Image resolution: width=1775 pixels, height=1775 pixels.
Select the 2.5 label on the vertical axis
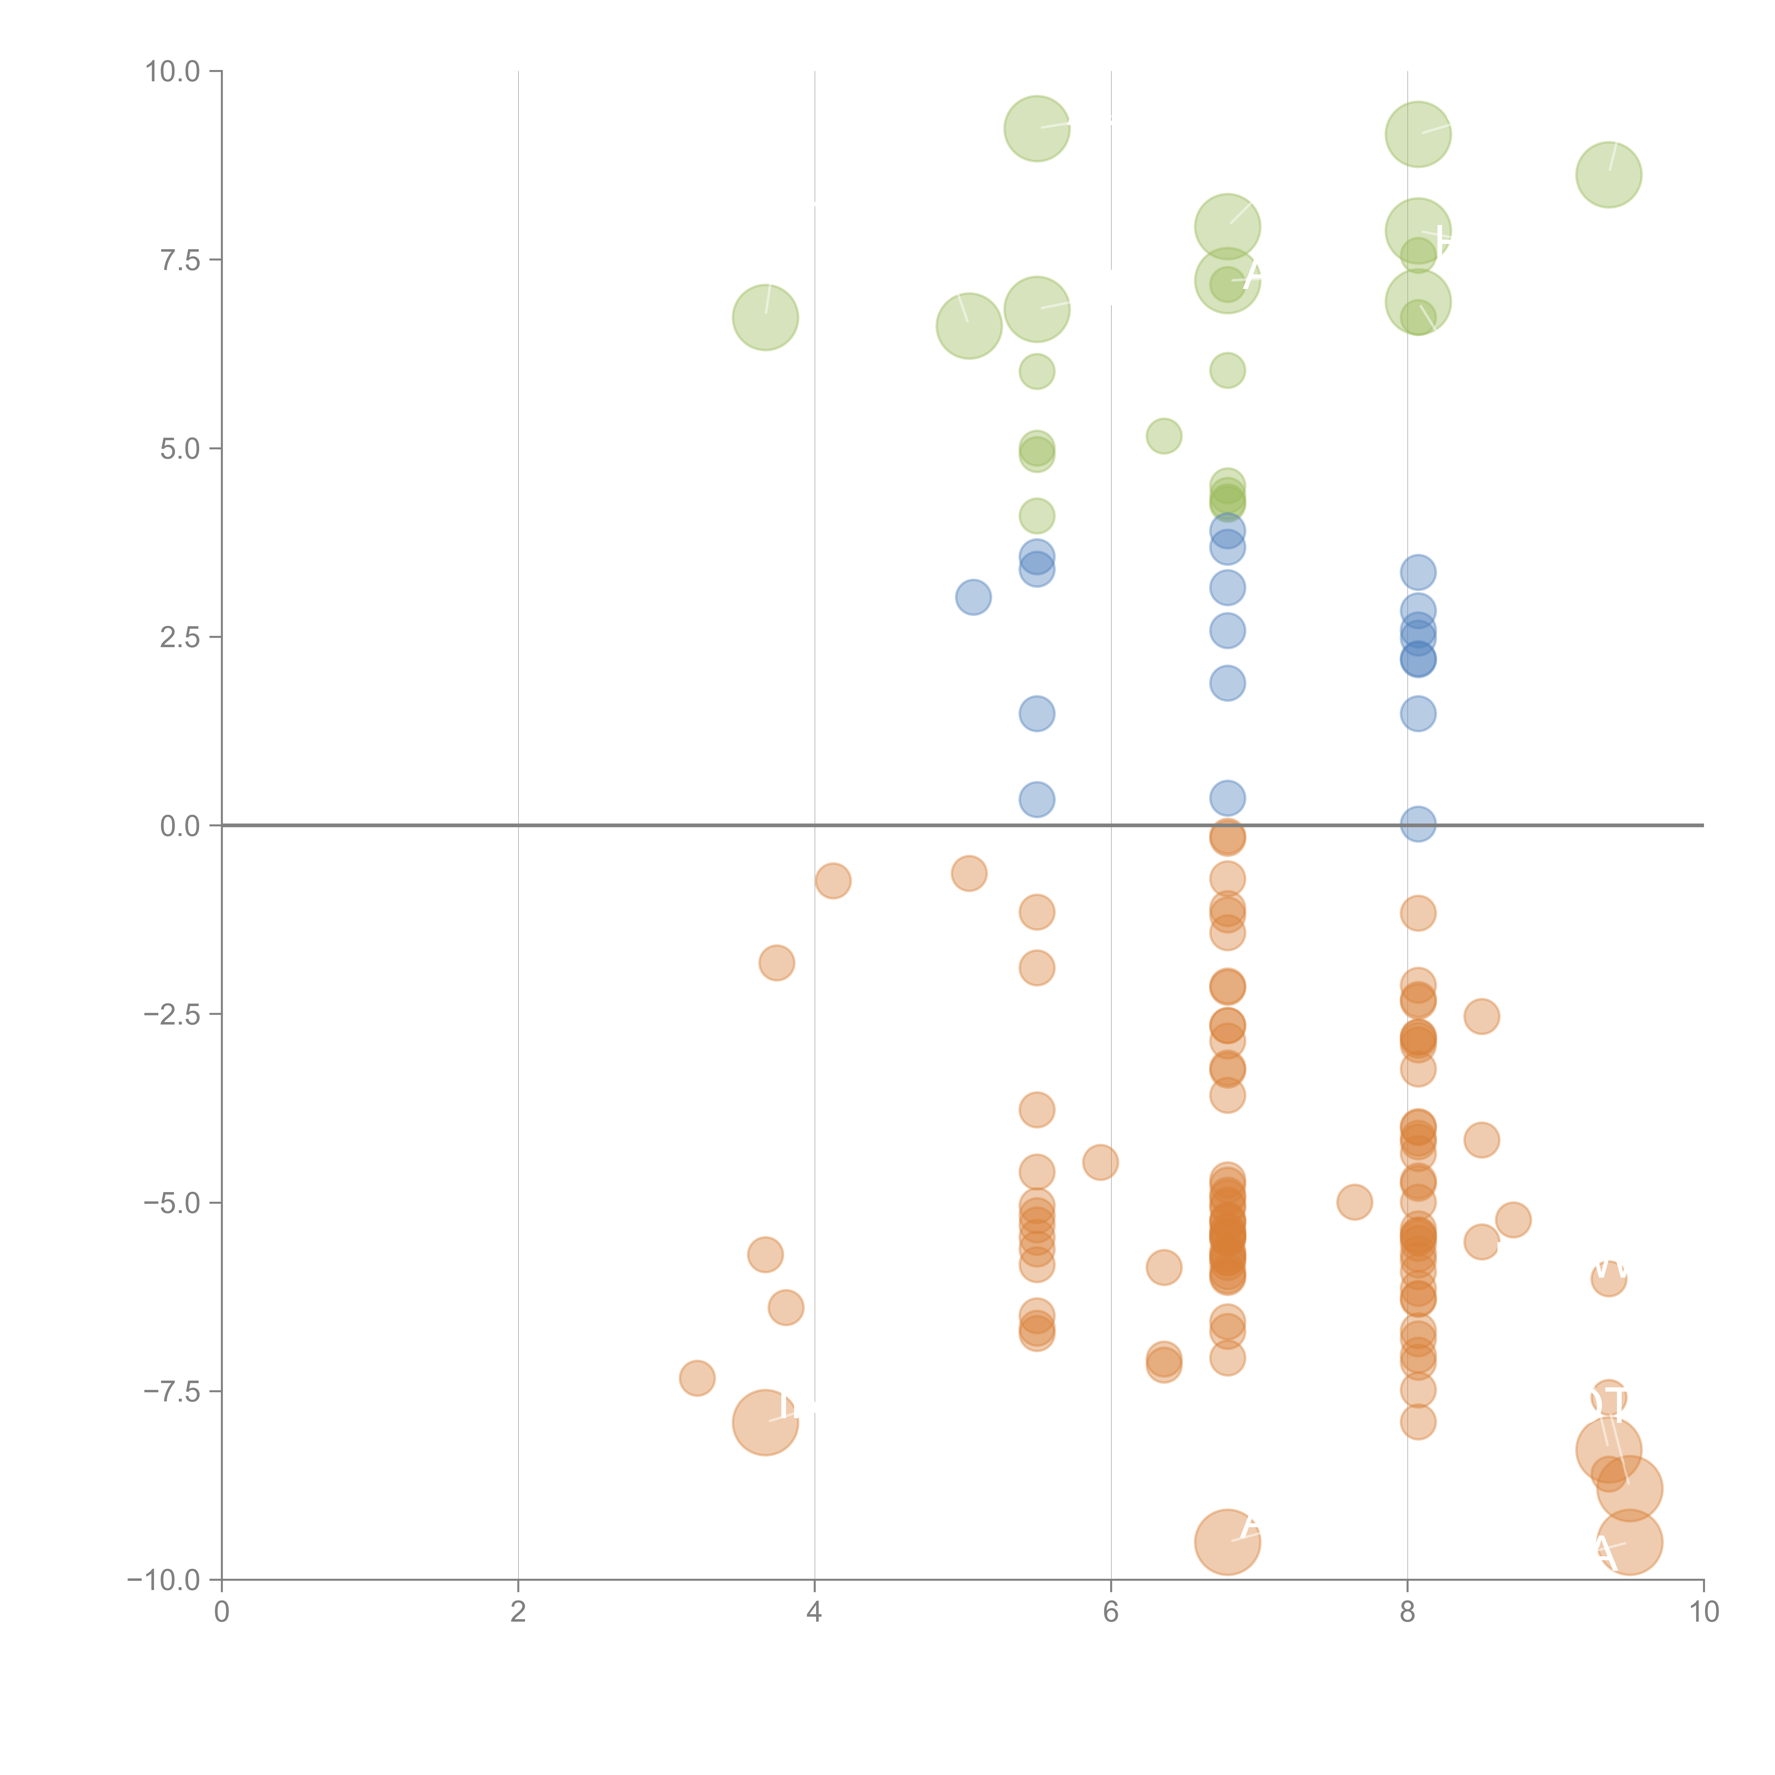point(180,638)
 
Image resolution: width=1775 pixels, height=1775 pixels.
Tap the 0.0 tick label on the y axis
point(180,826)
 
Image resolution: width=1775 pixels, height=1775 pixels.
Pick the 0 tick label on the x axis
point(222,1612)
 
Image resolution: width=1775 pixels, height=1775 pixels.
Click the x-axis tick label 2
point(518,1612)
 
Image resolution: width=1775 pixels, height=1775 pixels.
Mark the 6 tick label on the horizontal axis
point(1111,1612)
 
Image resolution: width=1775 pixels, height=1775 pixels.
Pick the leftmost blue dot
point(973,597)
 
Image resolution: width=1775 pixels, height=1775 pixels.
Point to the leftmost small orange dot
point(697,1378)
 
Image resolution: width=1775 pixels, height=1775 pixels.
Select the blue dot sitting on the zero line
point(1418,824)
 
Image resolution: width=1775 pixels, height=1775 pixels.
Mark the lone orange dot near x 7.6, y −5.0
point(1354,1202)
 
